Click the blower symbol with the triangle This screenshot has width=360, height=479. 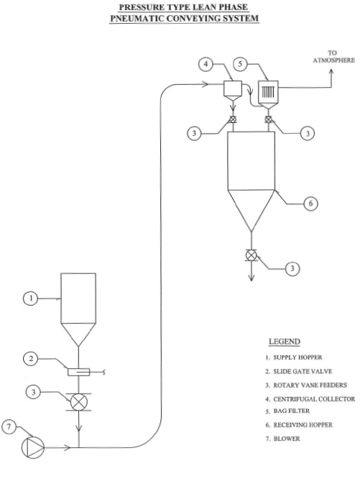click(x=32, y=447)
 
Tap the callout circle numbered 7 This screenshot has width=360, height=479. click(x=9, y=426)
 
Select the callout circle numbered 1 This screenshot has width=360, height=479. click(x=30, y=298)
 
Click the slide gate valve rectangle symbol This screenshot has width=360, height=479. click(x=79, y=372)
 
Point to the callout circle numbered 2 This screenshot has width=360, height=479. click(x=30, y=358)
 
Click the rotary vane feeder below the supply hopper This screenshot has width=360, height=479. click(x=79, y=402)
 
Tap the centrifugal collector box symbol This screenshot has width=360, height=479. click(x=233, y=91)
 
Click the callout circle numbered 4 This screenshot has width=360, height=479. click(x=206, y=65)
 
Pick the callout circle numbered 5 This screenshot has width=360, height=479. click(x=241, y=64)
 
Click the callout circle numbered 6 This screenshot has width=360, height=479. click(x=310, y=203)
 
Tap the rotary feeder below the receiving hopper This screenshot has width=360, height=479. click(x=251, y=255)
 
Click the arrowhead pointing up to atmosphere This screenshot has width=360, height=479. click(x=331, y=72)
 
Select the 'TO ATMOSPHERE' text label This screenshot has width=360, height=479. click(x=334, y=57)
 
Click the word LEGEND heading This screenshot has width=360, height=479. click(x=285, y=342)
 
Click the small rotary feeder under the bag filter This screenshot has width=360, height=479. click(x=268, y=119)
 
